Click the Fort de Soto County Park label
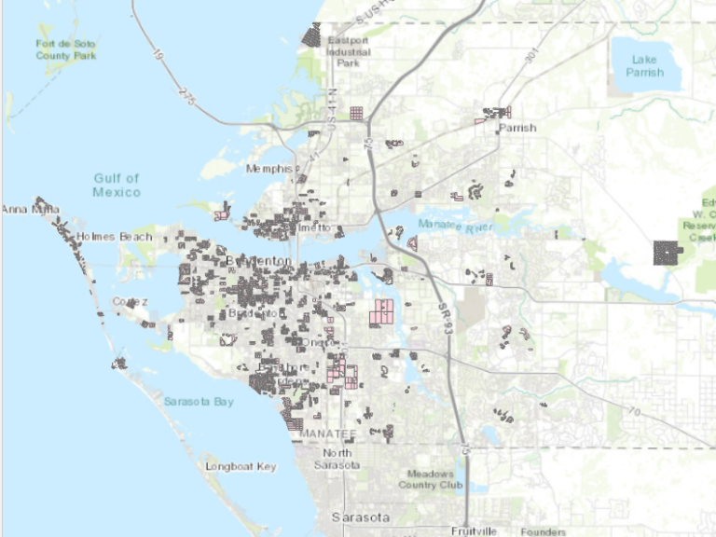click(66, 49)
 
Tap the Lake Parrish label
click(644, 65)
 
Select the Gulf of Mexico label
click(117, 185)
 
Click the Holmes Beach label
click(115, 237)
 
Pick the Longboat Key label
click(241, 465)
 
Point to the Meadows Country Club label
click(431, 479)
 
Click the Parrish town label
click(517, 128)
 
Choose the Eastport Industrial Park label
click(348, 52)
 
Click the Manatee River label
click(454, 227)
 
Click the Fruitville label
click(474, 530)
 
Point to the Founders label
click(544, 531)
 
